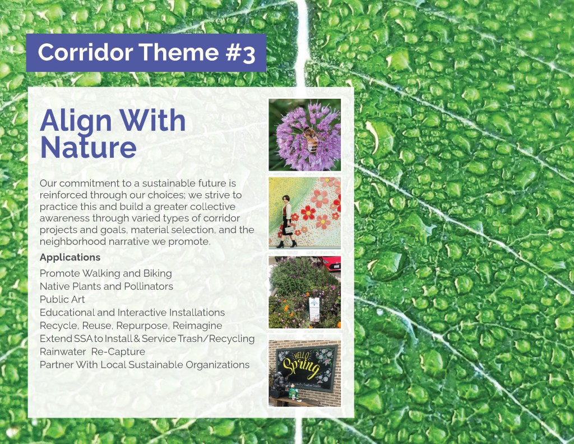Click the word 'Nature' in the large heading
[88, 148]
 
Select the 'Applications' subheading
[70, 258]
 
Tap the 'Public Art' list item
[62, 299]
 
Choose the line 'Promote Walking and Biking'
[106, 273]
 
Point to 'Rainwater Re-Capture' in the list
[92, 351]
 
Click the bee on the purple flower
[311, 139]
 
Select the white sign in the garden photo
[314, 309]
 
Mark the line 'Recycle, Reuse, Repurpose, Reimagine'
[131, 326]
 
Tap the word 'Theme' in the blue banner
[179, 52]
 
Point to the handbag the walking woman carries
[290, 230]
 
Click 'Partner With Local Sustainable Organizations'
[145, 365]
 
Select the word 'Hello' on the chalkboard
[300, 356]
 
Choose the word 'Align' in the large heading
[76, 121]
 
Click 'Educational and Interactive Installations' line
[132, 313]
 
